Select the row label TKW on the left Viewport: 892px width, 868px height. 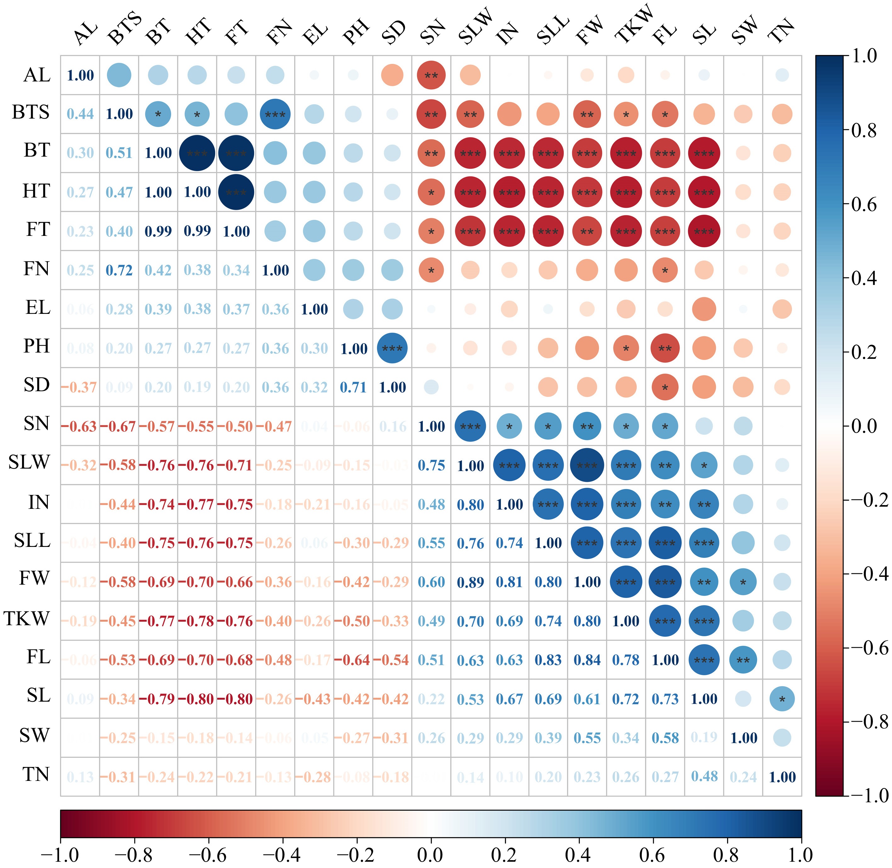(26, 619)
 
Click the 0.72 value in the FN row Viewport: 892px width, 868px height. (119, 270)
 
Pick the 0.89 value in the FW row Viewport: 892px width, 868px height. (470, 582)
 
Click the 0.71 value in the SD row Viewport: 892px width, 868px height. (353, 387)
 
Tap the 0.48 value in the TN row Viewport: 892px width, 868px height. (704, 777)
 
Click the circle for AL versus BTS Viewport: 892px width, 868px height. (119, 75)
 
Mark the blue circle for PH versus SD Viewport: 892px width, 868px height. (392, 348)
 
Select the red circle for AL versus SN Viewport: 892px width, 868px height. (431, 75)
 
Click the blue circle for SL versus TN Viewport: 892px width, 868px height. (782, 699)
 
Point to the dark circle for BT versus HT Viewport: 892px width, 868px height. (197, 153)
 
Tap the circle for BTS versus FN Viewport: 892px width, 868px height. (275, 114)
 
